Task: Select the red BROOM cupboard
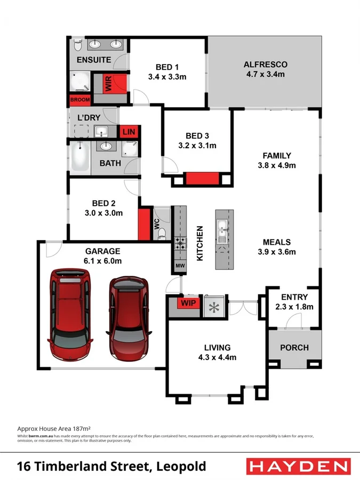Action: [x=79, y=100]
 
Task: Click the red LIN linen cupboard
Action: [x=129, y=131]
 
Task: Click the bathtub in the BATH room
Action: [x=81, y=157]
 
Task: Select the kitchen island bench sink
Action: [x=222, y=232]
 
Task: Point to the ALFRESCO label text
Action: [x=265, y=64]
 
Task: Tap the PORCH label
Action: [x=294, y=347]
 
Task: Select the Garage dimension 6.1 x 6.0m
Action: [x=103, y=261]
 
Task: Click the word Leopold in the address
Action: [x=181, y=467]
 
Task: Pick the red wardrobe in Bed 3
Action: [x=202, y=179]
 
